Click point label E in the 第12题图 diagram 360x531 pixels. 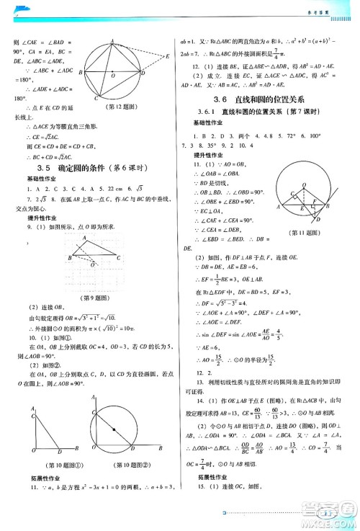(x=167, y=55)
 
